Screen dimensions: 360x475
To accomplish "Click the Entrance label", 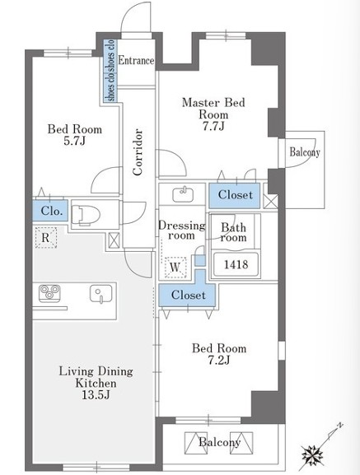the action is pos(136,60).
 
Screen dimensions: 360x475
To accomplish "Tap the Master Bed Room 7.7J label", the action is pos(213,114).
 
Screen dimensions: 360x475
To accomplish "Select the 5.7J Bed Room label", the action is pos(74,135).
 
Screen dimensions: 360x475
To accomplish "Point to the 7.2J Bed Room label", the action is pos(219,354).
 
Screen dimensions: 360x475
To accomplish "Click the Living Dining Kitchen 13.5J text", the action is pos(96,383).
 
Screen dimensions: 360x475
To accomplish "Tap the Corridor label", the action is pos(138,152).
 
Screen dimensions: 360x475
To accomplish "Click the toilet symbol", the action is pos(86,215).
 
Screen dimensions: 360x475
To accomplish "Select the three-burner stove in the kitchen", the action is pos(49,293).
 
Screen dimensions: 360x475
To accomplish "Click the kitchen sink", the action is pos(101,294).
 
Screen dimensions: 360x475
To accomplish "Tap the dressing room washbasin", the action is pos(183,195).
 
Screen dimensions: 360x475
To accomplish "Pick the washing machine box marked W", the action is pos(175,268).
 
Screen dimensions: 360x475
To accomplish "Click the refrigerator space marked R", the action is pos(45,237).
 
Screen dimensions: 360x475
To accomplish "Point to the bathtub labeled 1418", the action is pos(236,264).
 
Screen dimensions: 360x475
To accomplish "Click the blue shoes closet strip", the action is pos(110,70).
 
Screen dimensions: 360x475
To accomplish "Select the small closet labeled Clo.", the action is pos(50,211).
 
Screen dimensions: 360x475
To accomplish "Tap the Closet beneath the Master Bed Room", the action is pos(235,195).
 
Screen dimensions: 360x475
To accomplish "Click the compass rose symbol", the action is pos(313,455).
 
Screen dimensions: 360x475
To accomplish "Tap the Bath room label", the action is pos(233,232).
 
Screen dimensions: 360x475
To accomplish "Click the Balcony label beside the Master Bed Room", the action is pos(305,151).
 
